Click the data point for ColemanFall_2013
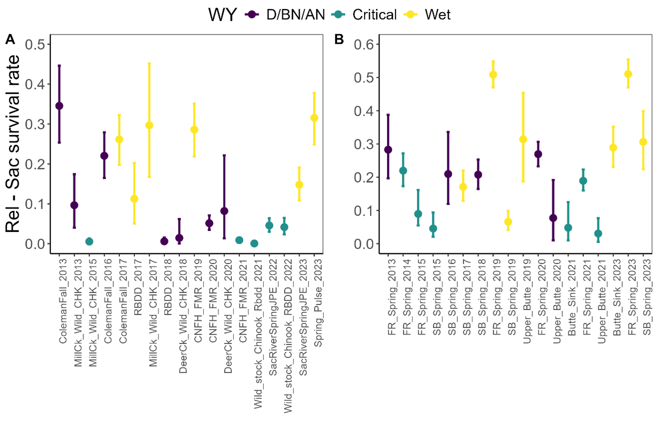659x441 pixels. coord(59,106)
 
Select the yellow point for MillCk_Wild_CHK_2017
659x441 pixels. coord(149,125)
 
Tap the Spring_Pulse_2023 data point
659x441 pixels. coord(314,118)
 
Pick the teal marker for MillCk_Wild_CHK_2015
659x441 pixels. coord(89,241)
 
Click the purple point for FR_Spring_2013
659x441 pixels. coord(388,150)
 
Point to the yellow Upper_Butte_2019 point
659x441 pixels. coord(523,139)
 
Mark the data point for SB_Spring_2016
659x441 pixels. coord(448,174)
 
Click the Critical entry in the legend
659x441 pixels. coord(374,15)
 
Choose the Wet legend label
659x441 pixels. coord(438,15)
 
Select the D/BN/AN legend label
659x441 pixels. coord(295,15)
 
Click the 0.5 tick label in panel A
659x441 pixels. coord(35,44)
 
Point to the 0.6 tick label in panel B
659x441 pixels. coord(364,44)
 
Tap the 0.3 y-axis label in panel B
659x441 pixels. coord(364,144)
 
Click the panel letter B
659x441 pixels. coord(339,39)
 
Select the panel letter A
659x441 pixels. coord(10,39)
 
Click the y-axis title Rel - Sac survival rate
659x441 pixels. coord(13,144)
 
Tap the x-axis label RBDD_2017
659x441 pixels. coord(138,287)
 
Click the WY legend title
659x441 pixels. coord(222,15)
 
